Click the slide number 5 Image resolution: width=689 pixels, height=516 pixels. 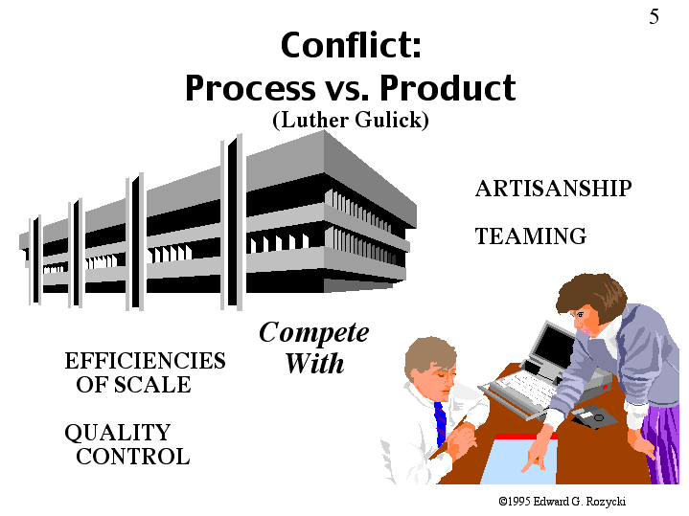[654, 16]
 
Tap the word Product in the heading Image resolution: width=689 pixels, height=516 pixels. [448, 88]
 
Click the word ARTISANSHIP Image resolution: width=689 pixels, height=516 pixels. [553, 189]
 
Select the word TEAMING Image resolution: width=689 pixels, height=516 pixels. [530, 236]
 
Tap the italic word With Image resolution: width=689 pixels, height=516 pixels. [314, 363]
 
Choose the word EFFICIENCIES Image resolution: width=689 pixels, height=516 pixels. [145, 361]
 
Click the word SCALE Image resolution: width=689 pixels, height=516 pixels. [152, 385]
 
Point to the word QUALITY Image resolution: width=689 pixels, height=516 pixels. [117, 433]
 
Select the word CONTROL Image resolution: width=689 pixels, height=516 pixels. [132, 457]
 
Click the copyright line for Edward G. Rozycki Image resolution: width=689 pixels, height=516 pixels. [562, 501]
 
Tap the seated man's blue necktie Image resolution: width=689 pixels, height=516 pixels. [440, 422]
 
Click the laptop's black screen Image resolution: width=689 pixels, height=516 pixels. [552, 348]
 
